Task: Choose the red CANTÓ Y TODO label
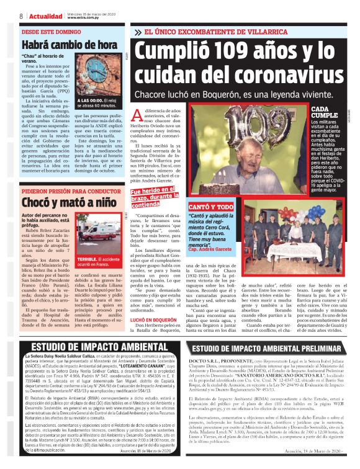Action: [211, 206]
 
